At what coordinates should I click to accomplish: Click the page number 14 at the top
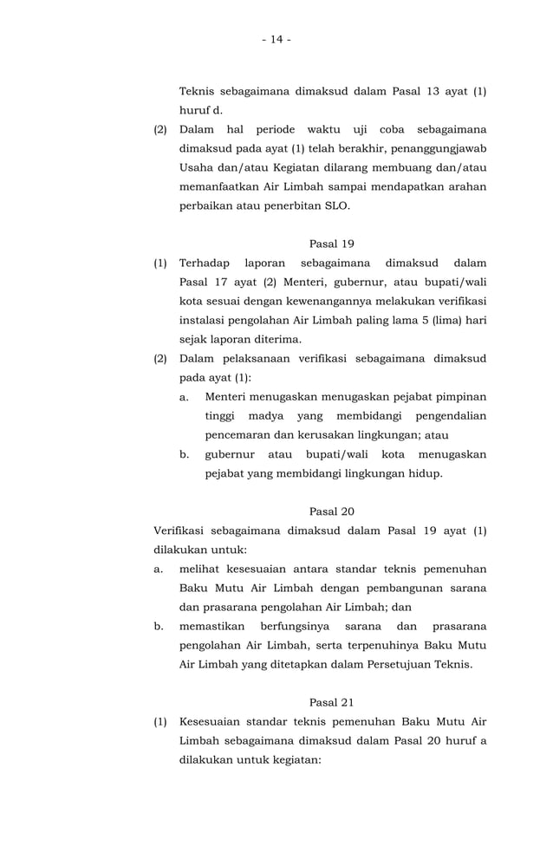click(x=276, y=39)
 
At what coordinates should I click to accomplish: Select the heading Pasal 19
click(x=331, y=244)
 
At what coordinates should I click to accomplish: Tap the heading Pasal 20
click(x=331, y=511)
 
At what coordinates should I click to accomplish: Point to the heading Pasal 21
click(x=331, y=702)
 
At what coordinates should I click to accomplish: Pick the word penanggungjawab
click(x=434, y=148)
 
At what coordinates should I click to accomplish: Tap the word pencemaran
click(x=237, y=435)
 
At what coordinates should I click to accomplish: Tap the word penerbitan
click(x=287, y=206)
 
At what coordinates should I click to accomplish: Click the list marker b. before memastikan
click(x=159, y=626)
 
